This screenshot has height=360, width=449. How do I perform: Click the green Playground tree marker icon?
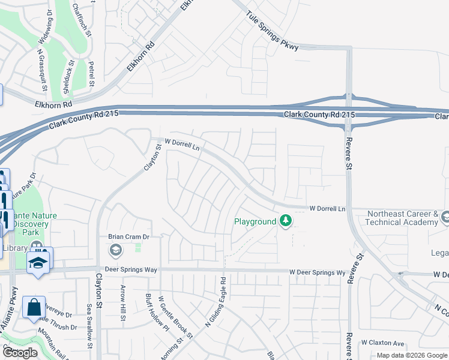click(286, 221)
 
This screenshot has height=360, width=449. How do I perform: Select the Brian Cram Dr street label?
click(128, 236)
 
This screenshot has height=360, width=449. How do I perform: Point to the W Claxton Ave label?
click(383, 343)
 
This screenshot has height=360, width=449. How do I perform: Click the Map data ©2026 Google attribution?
click(412, 355)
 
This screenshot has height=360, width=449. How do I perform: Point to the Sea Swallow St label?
click(89, 324)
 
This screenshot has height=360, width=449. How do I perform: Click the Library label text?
click(14, 248)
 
